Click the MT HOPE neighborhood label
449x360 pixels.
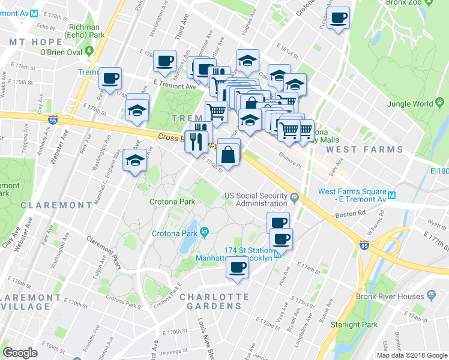36,42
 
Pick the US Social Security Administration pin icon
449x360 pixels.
294,197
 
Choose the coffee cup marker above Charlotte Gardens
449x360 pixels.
237,268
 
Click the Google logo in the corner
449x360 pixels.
20,353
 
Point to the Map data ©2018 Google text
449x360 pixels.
412,355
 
